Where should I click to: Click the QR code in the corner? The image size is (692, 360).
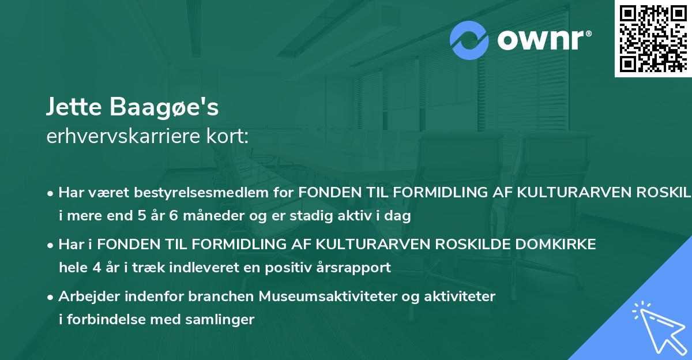(x=653, y=39)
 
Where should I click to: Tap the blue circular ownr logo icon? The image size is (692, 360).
(x=469, y=40)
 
